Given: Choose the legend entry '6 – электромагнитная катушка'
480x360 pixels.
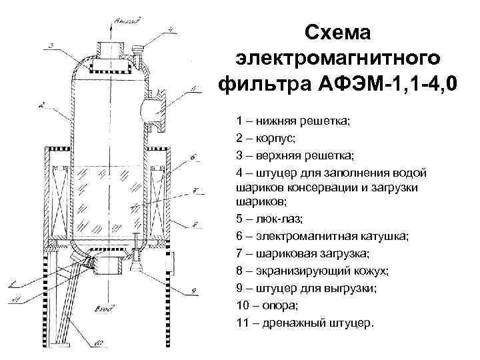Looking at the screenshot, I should click(x=313, y=236).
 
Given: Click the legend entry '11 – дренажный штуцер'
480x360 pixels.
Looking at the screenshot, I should click(x=305, y=323).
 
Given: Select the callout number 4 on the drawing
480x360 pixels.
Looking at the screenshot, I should click(x=170, y=29).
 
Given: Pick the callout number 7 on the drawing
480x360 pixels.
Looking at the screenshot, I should click(x=193, y=189).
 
